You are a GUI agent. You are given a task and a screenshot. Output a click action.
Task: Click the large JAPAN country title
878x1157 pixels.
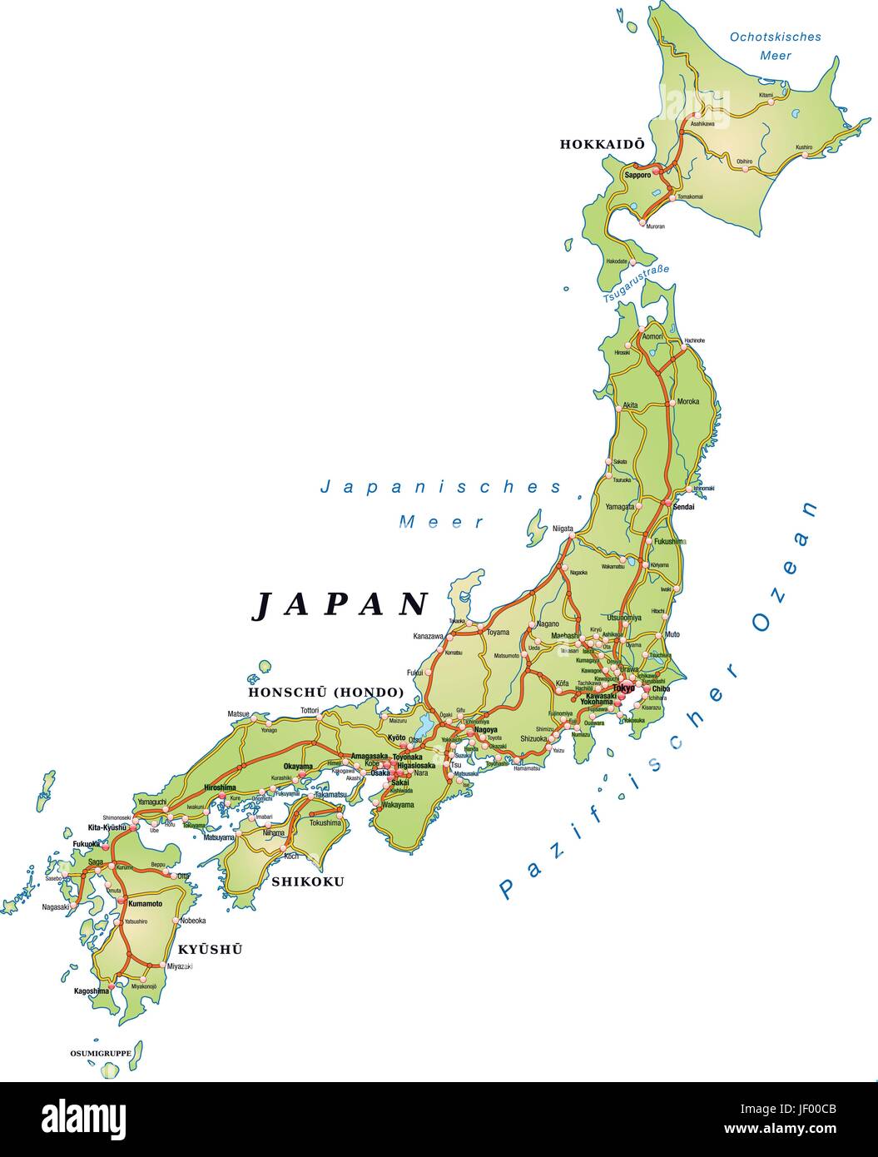340,605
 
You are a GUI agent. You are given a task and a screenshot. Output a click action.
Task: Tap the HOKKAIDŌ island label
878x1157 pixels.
602,144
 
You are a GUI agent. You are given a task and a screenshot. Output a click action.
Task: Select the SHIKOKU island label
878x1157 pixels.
307,881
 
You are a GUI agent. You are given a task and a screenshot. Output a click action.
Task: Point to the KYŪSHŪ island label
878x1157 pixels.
210,949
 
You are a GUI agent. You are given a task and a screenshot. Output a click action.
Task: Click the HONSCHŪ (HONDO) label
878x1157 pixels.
325,692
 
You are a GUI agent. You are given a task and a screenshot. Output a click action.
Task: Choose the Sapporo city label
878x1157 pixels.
637,175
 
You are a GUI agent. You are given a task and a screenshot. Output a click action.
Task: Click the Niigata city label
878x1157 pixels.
563,528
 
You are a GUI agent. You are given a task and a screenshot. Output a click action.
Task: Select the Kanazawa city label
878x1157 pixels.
428,637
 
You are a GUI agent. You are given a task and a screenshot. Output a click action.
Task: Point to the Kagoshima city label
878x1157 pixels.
92,991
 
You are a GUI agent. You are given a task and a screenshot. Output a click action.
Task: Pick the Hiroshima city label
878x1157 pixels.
220,787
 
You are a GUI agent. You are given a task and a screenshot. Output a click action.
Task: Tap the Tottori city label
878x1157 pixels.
310,711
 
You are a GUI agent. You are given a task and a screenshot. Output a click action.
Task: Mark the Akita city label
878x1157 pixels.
630,405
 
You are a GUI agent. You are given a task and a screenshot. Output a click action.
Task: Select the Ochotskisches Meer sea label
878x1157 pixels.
775,46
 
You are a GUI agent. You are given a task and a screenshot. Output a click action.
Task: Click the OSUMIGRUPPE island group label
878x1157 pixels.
100,1053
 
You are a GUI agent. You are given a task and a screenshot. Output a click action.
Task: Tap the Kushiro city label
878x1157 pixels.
803,148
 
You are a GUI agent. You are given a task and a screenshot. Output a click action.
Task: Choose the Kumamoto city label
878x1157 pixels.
145,903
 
